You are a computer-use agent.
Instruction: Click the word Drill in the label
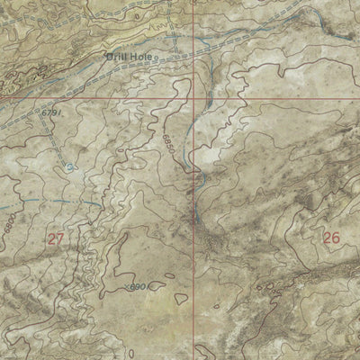115,57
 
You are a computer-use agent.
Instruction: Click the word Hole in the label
142,57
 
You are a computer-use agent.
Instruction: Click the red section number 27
56,238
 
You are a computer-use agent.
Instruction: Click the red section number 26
331,238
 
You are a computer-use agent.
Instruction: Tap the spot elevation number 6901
136,286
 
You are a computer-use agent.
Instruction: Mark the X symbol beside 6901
122,285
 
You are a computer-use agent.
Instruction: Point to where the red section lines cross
193,96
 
